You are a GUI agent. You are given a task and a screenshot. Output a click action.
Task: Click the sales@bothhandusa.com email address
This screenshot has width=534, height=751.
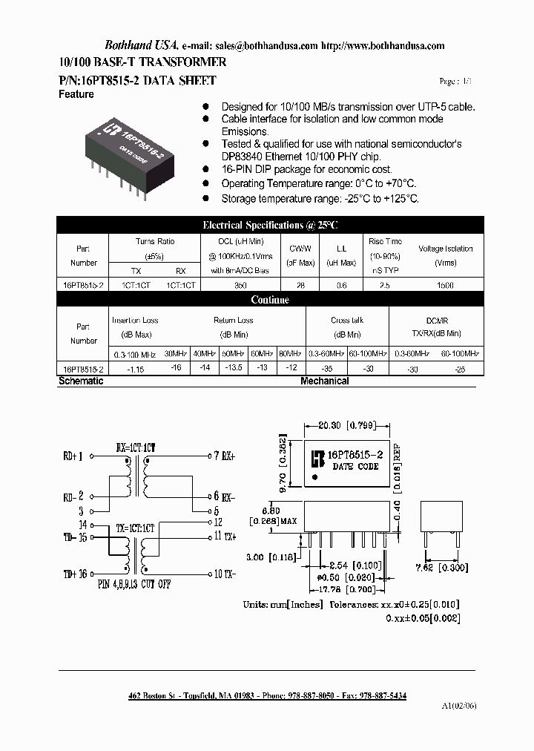273,45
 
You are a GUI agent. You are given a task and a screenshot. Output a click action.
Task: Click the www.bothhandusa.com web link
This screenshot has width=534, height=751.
392,45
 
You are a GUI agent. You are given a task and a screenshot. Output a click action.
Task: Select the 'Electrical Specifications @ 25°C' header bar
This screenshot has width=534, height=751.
270,224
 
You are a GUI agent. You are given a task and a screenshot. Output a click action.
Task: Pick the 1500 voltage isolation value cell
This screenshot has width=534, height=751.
445,285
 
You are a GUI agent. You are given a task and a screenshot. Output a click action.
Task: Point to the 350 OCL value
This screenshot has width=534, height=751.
240,285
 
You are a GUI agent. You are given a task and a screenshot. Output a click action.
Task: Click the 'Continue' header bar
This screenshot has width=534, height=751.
270,300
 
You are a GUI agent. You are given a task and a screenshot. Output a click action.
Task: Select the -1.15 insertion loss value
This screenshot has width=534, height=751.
135,368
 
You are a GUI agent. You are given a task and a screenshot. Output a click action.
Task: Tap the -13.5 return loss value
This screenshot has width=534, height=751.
234,368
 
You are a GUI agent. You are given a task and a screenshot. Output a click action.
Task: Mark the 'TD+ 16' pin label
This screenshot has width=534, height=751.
75,573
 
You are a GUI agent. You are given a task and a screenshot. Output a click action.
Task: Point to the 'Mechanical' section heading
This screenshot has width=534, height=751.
324,381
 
